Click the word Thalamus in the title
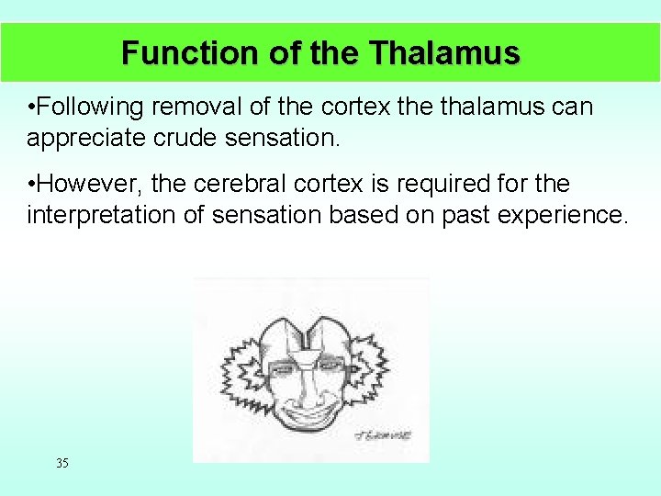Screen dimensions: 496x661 click(x=445, y=52)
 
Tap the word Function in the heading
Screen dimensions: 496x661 click(x=191, y=52)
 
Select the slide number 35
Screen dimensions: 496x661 click(x=62, y=463)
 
